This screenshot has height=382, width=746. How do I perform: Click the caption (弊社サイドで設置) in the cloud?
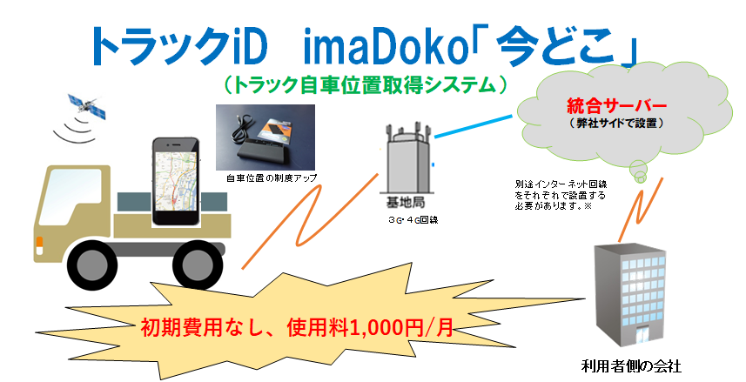point(615,124)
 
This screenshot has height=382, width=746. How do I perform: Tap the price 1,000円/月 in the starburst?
point(400,328)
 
